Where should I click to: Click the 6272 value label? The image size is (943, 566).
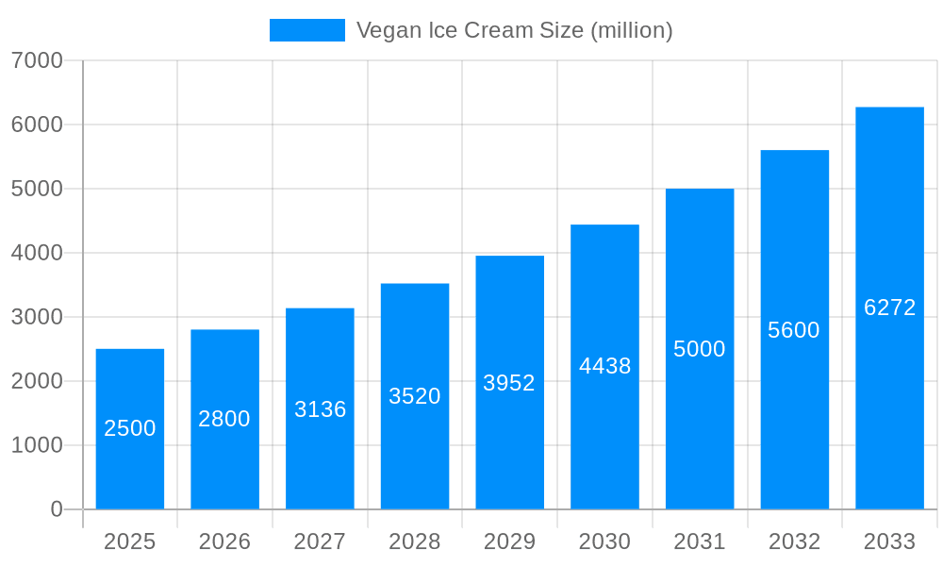pyautogui.click(x=889, y=308)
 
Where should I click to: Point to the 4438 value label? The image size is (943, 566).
pyautogui.click(x=604, y=366)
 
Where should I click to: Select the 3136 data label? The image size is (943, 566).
pyautogui.click(x=320, y=409)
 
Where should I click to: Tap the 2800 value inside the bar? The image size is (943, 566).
pyautogui.click(x=224, y=419)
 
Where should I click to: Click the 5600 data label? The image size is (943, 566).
pyautogui.click(x=794, y=330)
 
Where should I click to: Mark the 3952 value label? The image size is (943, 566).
pyautogui.click(x=509, y=383)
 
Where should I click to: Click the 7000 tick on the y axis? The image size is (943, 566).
pyautogui.click(x=37, y=60)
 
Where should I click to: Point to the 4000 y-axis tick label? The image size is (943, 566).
pyautogui.click(x=37, y=253)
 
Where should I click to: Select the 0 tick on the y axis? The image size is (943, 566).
pyautogui.click(x=56, y=509)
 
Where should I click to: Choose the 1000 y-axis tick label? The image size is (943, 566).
pyautogui.click(x=37, y=445)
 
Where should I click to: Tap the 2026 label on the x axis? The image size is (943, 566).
pyautogui.click(x=224, y=541)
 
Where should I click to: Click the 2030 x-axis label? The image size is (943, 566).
pyautogui.click(x=604, y=541)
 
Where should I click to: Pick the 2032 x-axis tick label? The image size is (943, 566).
pyautogui.click(x=794, y=541)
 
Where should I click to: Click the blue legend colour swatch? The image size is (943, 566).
pyautogui.click(x=307, y=30)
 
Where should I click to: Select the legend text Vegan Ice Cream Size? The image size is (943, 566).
pyautogui.click(x=514, y=30)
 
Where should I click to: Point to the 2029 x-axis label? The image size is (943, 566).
pyautogui.click(x=509, y=541)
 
